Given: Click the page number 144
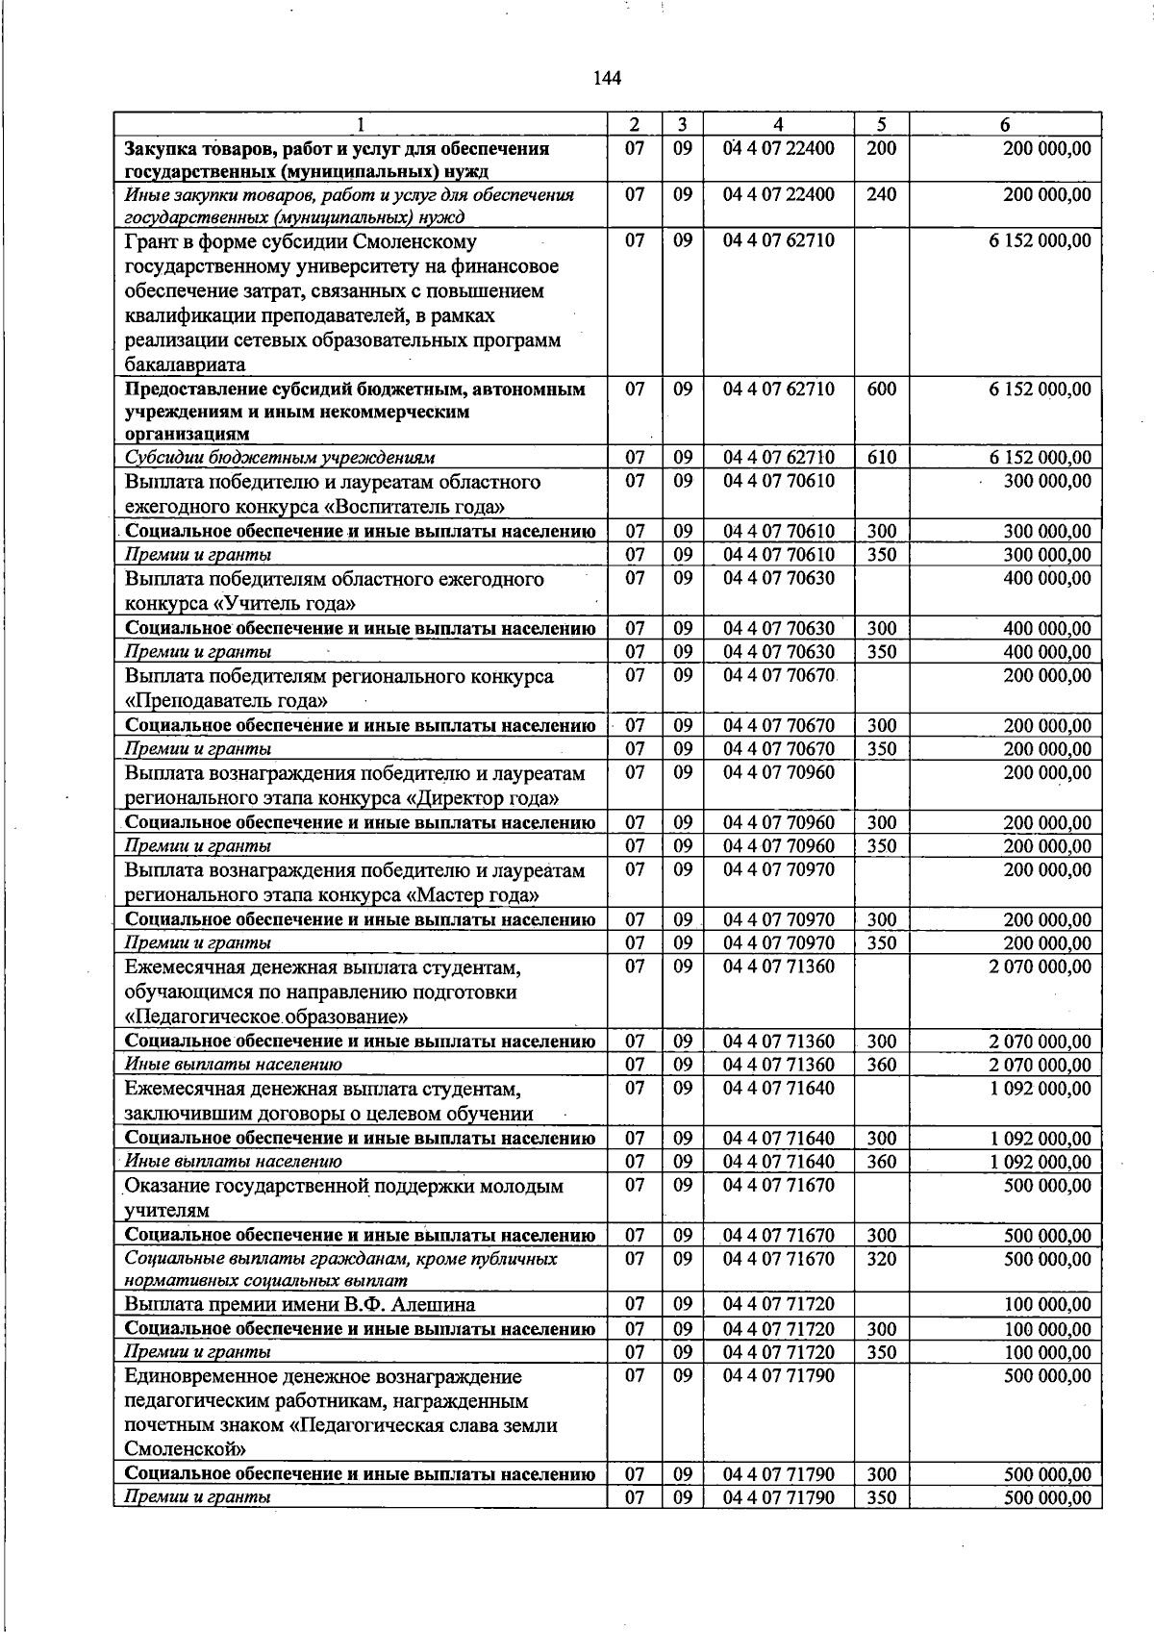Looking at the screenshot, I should (x=607, y=78).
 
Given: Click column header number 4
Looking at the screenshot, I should (x=778, y=124).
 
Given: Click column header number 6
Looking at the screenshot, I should (x=1005, y=124).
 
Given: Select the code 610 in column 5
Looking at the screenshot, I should (x=881, y=458).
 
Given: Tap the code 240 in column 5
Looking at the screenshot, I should (x=881, y=194).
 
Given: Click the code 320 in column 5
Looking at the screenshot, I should (x=881, y=1259).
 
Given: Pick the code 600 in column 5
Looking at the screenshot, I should (x=881, y=389).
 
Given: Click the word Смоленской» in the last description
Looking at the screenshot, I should (x=186, y=1448).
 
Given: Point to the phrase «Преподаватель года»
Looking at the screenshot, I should (x=226, y=701).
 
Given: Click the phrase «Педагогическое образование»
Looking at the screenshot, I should (x=267, y=1017).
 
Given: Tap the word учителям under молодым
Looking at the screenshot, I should (x=166, y=1211).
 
